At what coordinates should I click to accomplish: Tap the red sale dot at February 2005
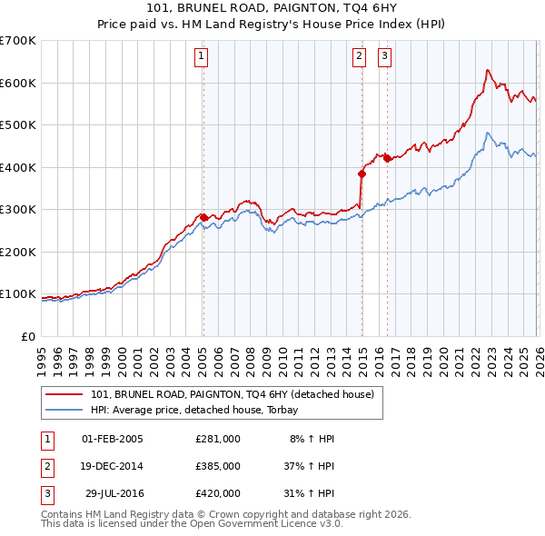coord(203,218)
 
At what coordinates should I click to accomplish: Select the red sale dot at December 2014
coord(362,174)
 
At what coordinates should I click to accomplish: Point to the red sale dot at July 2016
coord(388,159)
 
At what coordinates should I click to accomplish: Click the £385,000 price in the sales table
coord(217,465)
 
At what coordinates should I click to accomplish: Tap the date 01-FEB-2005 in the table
coord(112,438)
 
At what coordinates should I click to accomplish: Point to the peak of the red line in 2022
coord(488,70)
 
